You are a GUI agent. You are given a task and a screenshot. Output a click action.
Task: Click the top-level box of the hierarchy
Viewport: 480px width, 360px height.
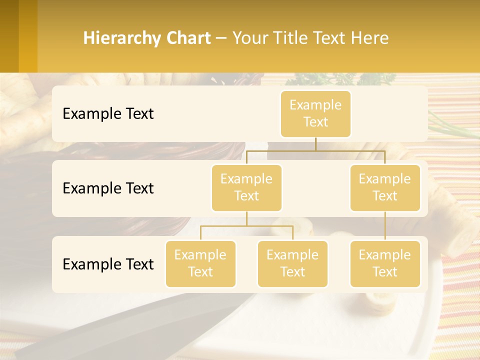coord(315,113)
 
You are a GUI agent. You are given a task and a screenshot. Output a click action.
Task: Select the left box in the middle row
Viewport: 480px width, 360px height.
coord(246,187)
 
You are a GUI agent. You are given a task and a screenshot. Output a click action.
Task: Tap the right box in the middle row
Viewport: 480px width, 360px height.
coord(385,187)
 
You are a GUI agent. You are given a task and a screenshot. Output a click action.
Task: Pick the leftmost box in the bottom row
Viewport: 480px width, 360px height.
coord(200,263)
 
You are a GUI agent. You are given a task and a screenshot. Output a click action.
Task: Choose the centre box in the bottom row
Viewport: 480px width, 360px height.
coord(292,263)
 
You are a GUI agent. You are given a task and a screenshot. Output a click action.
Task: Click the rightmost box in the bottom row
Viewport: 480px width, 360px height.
coord(385,263)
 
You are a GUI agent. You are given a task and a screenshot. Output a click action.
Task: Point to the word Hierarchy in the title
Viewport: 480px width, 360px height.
coord(120,38)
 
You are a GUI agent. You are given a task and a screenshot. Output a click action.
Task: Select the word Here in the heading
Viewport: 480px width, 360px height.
coord(370,38)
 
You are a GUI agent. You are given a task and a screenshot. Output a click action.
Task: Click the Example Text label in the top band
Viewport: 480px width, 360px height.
coord(108,113)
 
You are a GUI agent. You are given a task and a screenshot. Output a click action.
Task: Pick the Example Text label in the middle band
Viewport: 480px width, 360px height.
coord(108,188)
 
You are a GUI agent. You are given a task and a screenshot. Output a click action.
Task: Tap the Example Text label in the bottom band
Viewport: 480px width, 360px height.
coord(108,264)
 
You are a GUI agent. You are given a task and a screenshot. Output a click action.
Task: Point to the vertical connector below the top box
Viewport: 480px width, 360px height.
coord(315,144)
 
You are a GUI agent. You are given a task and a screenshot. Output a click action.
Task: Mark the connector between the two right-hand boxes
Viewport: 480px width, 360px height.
coord(385,226)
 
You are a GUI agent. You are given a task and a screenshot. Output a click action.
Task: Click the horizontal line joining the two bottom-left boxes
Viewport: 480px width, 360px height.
coord(246,226)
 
